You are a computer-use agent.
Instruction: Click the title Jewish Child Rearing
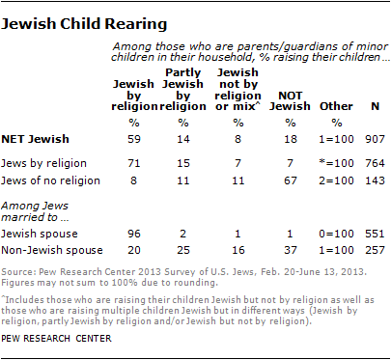click(x=84, y=24)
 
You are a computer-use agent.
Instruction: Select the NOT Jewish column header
click(x=290, y=100)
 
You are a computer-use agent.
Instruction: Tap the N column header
click(x=376, y=106)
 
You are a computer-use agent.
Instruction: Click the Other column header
click(x=336, y=106)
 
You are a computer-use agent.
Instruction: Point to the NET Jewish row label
click(x=36, y=139)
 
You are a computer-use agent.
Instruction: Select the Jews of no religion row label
click(x=50, y=180)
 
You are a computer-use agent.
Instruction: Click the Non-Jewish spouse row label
click(x=52, y=250)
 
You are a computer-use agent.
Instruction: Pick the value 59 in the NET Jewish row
click(x=134, y=139)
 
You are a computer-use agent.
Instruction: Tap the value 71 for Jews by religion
click(x=134, y=163)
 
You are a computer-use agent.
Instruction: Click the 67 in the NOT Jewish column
click(x=291, y=180)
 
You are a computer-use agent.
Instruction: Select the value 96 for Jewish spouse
click(x=134, y=234)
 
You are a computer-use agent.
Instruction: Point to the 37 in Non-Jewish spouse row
click(x=291, y=250)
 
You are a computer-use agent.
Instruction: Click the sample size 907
click(x=376, y=139)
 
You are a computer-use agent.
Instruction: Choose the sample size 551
click(x=376, y=234)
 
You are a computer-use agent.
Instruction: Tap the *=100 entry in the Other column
click(x=336, y=163)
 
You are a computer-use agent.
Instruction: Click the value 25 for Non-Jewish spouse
click(x=183, y=250)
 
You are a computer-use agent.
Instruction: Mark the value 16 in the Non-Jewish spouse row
click(x=238, y=250)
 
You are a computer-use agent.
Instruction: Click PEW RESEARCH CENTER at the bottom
click(x=56, y=339)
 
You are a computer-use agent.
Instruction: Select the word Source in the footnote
click(x=18, y=272)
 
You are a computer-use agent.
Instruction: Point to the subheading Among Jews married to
click(x=35, y=211)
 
